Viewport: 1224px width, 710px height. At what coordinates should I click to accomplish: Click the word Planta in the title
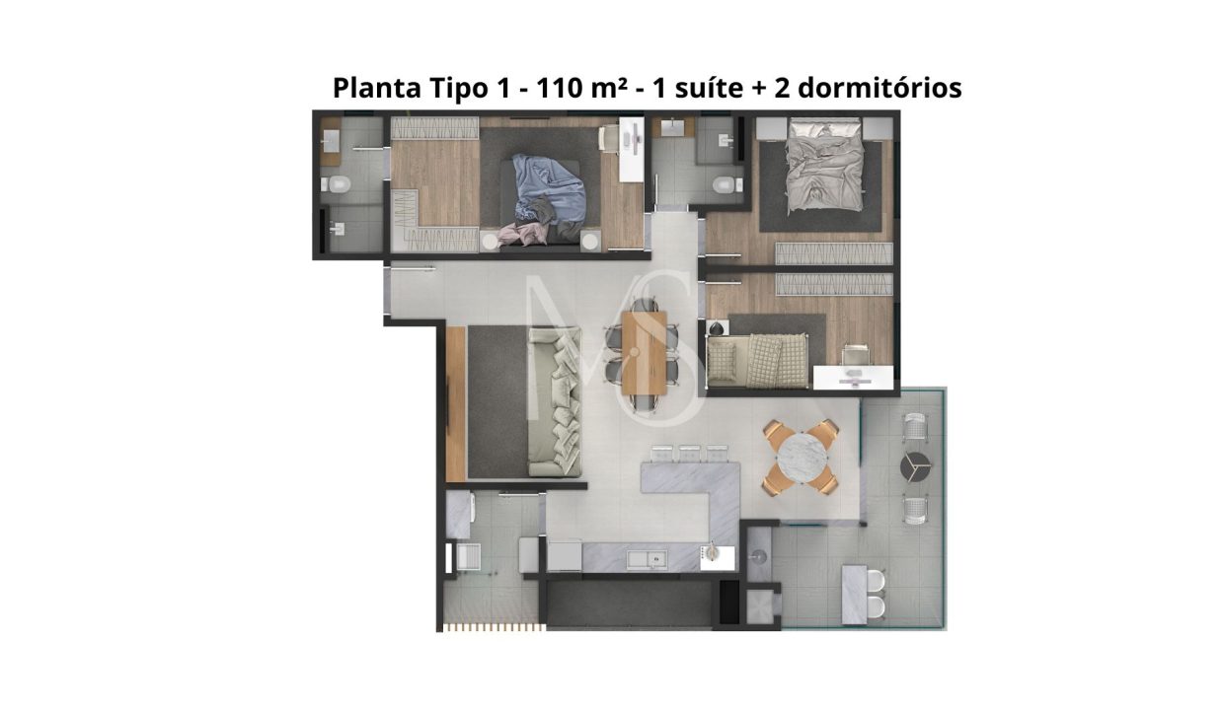point(376,88)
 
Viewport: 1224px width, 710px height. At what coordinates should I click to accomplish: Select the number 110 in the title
point(560,88)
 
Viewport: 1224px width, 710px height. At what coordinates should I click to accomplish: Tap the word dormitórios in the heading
point(880,88)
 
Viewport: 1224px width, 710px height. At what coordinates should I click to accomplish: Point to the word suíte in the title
point(709,88)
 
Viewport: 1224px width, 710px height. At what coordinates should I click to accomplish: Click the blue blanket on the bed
point(548,188)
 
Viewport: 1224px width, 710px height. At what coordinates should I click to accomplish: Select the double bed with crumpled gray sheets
point(825,164)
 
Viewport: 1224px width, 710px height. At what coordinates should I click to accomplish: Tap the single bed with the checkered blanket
point(758,361)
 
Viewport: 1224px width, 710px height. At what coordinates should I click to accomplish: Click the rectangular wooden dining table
point(645,353)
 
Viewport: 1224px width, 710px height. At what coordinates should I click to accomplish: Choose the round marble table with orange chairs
point(802,457)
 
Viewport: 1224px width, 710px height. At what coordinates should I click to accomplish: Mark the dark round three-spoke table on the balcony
point(915,466)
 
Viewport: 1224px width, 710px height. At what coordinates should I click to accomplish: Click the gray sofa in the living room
point(554,401)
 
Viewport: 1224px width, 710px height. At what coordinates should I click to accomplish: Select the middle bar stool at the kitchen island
point(689,454)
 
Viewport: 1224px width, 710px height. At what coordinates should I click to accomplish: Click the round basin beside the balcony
point(758,556)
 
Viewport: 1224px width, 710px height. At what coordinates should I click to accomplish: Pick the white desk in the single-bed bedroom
point(853,378)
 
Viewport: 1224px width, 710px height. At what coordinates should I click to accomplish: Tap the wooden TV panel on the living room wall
point(455,404)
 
